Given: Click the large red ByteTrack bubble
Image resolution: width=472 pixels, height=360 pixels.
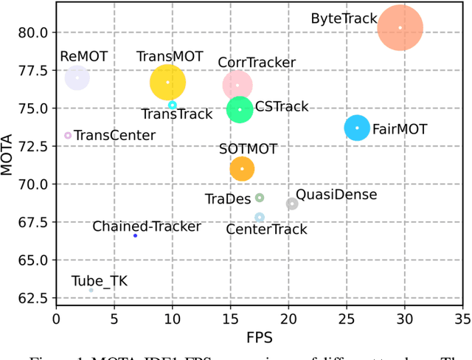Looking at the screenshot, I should [x=400, y=28].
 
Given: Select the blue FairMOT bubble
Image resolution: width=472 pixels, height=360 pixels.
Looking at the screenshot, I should [x=358, y=128].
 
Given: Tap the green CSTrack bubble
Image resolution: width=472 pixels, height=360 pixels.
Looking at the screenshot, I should [x=239, y=109].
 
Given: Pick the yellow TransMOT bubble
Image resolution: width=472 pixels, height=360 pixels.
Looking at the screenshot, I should [x=167, y=82].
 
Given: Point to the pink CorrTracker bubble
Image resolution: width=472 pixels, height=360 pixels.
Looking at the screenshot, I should [x=237, y=85].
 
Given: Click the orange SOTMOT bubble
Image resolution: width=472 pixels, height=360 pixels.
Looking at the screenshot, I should [x=241, y=169].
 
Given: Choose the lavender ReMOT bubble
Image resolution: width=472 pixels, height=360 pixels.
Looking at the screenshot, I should [x=77, y=77].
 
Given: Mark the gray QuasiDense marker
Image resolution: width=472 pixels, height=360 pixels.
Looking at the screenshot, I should [x=292, y=204].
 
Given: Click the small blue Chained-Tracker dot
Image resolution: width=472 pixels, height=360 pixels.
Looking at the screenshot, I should [x=135, y=235].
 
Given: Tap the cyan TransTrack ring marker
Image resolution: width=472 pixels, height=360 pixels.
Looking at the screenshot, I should [x=172, y=105].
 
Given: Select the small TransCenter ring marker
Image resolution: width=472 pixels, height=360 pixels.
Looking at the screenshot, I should [x=68, y=136].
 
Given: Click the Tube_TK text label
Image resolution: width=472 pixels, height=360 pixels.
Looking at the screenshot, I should [x=88, y=280].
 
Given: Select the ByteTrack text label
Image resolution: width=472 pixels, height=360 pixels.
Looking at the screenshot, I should [x=344, y=18].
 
